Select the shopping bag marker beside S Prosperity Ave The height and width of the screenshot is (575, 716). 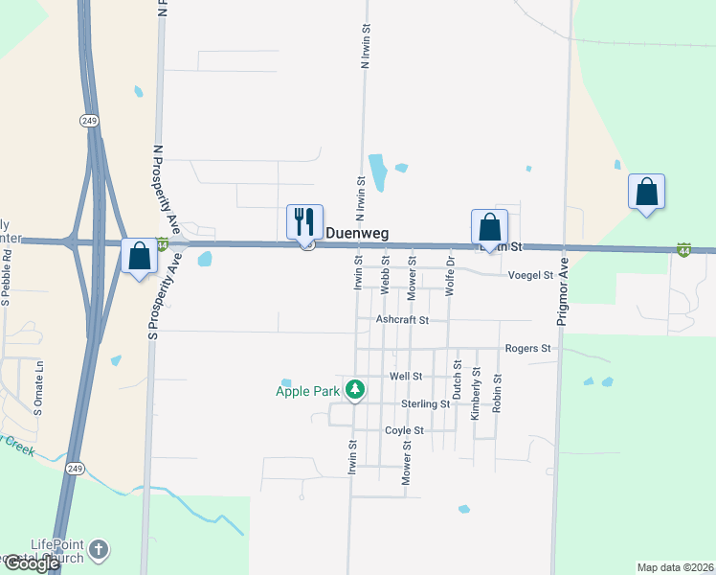coord(139,256)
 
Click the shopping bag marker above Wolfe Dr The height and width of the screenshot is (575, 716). coord(489,228)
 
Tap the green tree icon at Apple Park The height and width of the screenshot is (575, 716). coord(355,389)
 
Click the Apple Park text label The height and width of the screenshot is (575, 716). coord(308,391)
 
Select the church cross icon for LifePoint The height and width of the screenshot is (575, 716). coord(99,550)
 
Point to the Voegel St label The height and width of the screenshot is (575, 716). coord(531,275)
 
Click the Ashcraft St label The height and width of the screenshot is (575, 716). coord(402,320)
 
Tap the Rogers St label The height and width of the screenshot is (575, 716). coord(528,349)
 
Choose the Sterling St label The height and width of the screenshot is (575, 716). coord(425,404)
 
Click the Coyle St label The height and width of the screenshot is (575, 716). coord(404,431)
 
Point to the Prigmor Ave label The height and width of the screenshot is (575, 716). coord(564,291)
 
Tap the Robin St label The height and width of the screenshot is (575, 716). coord(497,393)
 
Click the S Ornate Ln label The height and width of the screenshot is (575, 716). coord(39,388)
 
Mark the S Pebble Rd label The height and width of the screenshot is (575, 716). coord(6,277)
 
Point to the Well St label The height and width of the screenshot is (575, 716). coord(405,377)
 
